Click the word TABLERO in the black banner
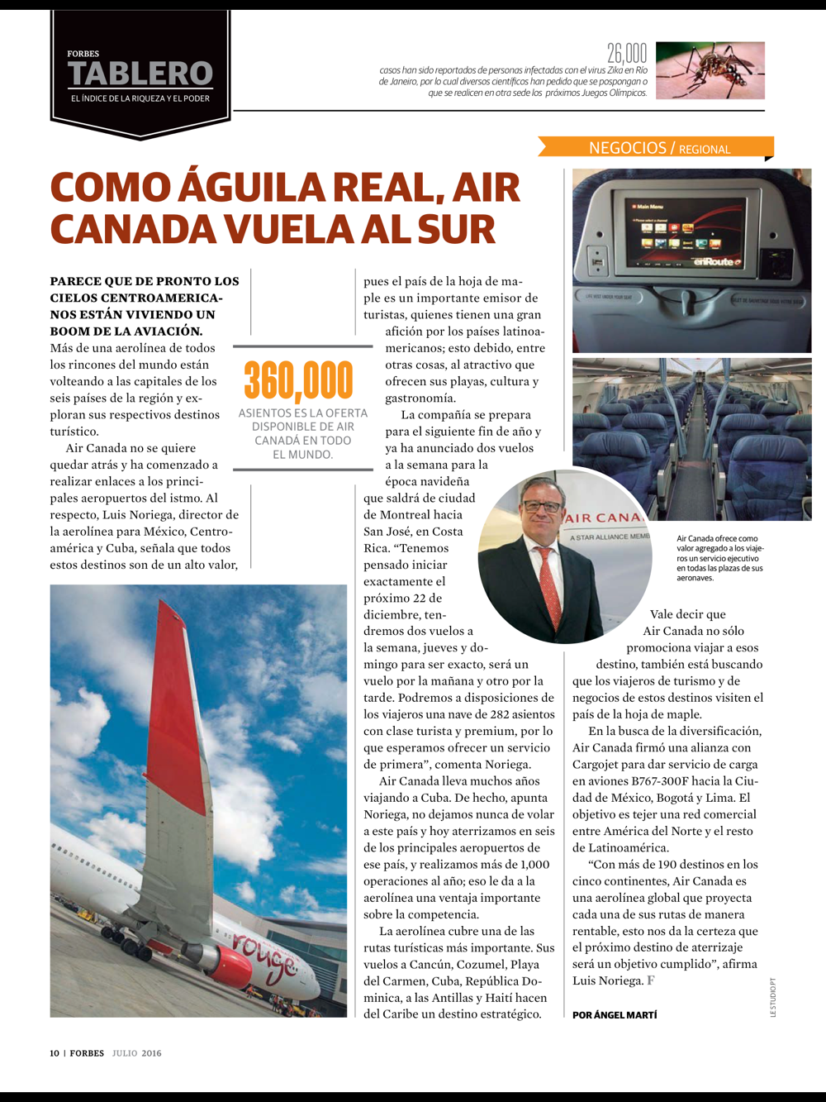(140, 74)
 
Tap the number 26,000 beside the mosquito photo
(627, 55)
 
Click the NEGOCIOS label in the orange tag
(627, 148)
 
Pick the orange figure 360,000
(299, 381)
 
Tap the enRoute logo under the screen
(716, 262)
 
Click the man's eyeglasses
(541, 505)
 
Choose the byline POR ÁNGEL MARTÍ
(615, 1015)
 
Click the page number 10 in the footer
(55, 1053)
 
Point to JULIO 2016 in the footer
(137, 1053)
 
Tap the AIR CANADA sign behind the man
(603, 518)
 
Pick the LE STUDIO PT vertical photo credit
(773, 997)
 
